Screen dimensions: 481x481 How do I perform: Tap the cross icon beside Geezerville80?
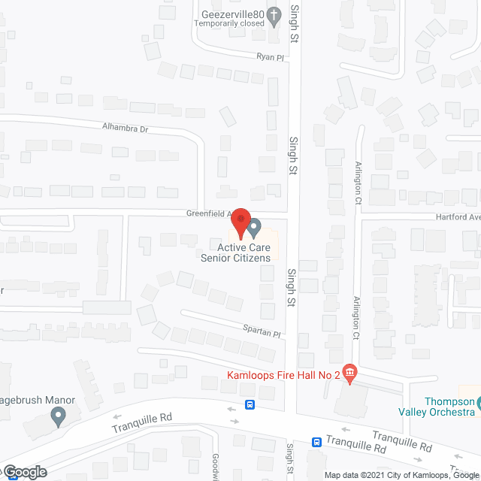pos(276,14)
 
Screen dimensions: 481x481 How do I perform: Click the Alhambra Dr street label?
pos(125,128)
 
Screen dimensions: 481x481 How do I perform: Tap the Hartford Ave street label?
pos(458,216)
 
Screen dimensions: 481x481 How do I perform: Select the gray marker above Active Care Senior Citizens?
pos(254,226)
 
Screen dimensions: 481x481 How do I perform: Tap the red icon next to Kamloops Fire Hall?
pos(349,372)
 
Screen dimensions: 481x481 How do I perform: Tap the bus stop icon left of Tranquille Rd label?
pos(318,443)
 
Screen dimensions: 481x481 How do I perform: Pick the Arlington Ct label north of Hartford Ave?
pos(358,183)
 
